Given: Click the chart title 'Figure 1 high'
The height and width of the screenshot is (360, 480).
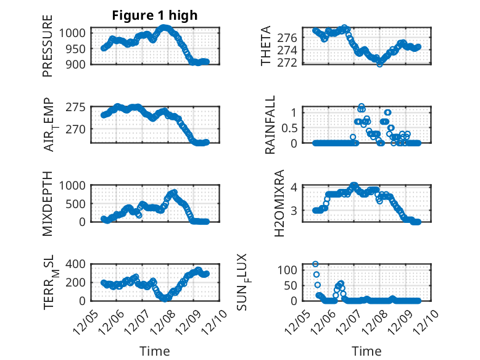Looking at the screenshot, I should click(154, 16).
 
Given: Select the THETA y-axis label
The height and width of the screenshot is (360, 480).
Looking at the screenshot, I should click(266, 46).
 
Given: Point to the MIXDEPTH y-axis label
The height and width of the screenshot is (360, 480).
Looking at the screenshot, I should click(48, 203).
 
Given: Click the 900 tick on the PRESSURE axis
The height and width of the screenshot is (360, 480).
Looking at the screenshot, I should click(78, 63).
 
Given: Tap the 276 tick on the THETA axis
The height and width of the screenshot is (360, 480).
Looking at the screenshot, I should click(291, 38).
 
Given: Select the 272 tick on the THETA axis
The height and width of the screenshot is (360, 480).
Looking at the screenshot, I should click(291, 62).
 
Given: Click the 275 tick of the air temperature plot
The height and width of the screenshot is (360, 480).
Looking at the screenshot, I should click(78, 107).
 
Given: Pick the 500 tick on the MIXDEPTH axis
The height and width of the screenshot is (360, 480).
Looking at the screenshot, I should click(78, 203).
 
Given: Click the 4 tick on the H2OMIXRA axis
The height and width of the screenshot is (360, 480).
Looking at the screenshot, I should click(295, 187).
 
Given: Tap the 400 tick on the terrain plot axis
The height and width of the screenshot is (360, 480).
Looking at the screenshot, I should click(78, 264).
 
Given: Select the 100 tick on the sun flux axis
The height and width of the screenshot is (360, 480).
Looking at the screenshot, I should click(291, 270).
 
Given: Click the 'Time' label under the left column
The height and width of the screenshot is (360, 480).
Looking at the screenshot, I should click(154, 351).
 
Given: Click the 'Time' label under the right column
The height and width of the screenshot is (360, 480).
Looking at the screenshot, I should click(366, 351).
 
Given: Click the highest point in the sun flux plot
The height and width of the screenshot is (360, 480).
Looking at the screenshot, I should click(316, 264).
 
